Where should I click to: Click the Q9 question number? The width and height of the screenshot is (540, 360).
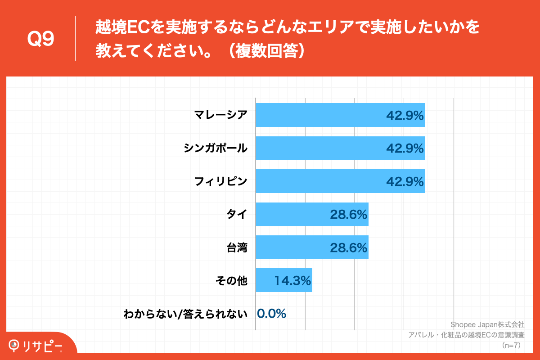coord(40,39)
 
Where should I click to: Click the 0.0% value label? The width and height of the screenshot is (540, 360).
coord(272,314)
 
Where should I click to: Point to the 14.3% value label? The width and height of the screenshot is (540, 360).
coord(293,281)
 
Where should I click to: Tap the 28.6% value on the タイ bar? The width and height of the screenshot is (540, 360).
coord(349,215)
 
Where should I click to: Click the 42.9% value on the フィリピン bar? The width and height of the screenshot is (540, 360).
coord(405,181)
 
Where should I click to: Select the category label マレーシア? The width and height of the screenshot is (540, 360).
coord(221,115)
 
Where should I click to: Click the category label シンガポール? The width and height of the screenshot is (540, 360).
coord(216,148)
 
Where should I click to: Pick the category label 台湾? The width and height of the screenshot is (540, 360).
coord(237,247)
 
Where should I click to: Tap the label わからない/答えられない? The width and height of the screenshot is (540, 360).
coord(185,314)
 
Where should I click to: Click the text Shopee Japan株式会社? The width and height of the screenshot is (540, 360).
coord(487,324)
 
